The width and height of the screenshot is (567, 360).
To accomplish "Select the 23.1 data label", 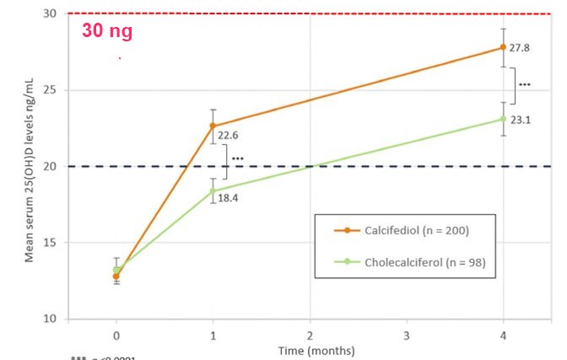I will click(x=521, y=121).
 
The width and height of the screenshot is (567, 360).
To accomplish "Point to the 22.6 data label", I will click(x=229, y=135).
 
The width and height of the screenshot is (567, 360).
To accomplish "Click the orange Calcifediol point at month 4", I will click(x=504, y=47).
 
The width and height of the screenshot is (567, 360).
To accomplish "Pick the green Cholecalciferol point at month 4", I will click(x=504, y=119).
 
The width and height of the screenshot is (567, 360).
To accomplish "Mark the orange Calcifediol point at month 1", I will click(x=213, y=126).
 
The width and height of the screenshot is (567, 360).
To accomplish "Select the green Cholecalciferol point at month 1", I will click(x=213, y=191).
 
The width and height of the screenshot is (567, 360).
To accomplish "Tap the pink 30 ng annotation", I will click(x=107, y=33).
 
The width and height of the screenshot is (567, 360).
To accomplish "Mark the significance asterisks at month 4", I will click(x=524, y=85).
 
